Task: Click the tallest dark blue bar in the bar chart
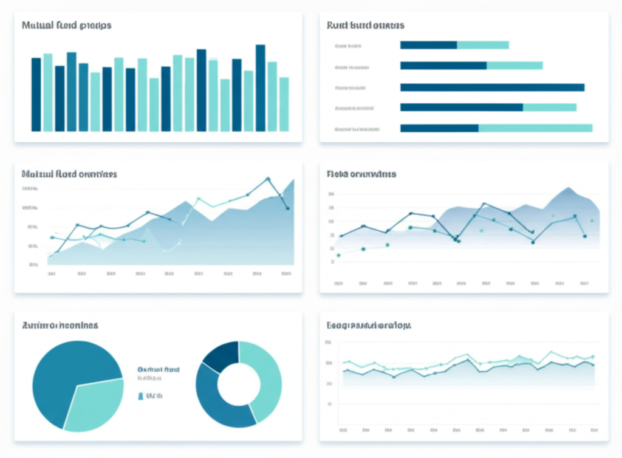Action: point(260,88)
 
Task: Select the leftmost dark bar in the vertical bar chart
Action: point(36,94)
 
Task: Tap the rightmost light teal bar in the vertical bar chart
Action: point(284,104)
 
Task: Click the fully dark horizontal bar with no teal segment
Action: point(492,87)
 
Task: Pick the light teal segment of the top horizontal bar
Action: point(482,45)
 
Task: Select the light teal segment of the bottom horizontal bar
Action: point(535,128)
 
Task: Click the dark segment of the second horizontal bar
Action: point(443,66)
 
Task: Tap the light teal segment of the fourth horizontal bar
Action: point(549,108)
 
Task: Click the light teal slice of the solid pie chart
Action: point(94,405)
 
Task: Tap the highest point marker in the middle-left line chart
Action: point(267,179)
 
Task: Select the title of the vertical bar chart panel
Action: point(66,26)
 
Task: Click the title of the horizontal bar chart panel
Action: point(365,26)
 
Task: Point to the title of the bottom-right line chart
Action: point(369,326)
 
